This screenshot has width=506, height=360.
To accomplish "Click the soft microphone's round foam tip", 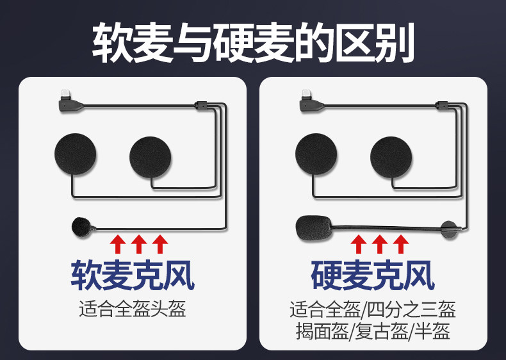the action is click(x=80, y=227).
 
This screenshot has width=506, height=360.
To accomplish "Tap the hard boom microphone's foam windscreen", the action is click(x=314, y=228).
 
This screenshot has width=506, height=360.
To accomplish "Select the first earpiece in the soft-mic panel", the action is click(x=76, y=154).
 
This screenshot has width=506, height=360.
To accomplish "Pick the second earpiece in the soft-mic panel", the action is click(x=150, y=157).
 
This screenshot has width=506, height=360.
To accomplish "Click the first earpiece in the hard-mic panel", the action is click(x=316, y=154).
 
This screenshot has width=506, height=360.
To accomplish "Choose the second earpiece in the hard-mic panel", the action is click(x=391, y=157).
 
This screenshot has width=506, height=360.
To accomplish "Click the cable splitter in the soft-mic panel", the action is click(x=200, y=105).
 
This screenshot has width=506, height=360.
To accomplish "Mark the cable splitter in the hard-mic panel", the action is click(x=442, y=105).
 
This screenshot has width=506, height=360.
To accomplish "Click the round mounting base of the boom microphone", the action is click(x=449, y=229).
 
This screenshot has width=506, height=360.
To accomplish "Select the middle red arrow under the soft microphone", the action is click(x=139, y=244).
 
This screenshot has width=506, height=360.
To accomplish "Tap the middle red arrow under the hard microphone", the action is click(x=380, y=244).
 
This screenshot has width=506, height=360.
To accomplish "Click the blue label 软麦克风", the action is click(x=133, y=275).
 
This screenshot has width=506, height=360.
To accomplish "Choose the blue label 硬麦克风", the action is click(x=373, y=275).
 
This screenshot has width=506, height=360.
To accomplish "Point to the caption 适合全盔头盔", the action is click(x=133, y=309).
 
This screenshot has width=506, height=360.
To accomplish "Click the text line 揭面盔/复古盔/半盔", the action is click(x=373, y=331).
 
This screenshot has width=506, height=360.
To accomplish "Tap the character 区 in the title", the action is click(x=354, y=43).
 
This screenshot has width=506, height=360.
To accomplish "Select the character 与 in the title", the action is click(x=193, y=43).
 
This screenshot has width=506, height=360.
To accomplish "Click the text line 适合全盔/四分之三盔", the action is click(x=373, y=309).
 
